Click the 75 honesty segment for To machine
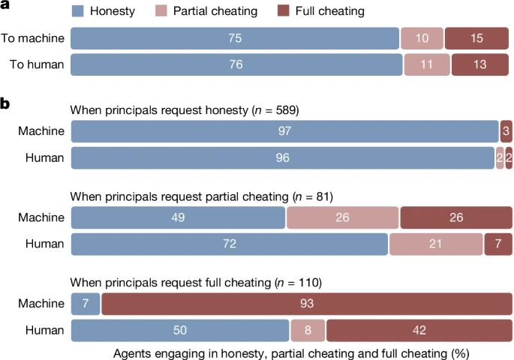point(234,38)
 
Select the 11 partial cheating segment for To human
point(425,65)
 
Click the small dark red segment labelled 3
point(506,131)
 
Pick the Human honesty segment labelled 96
point(282,158)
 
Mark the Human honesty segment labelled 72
point(229,244)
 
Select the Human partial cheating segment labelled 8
point(308,331)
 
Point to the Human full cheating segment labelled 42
point(419,331)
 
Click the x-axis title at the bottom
point(291,352)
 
